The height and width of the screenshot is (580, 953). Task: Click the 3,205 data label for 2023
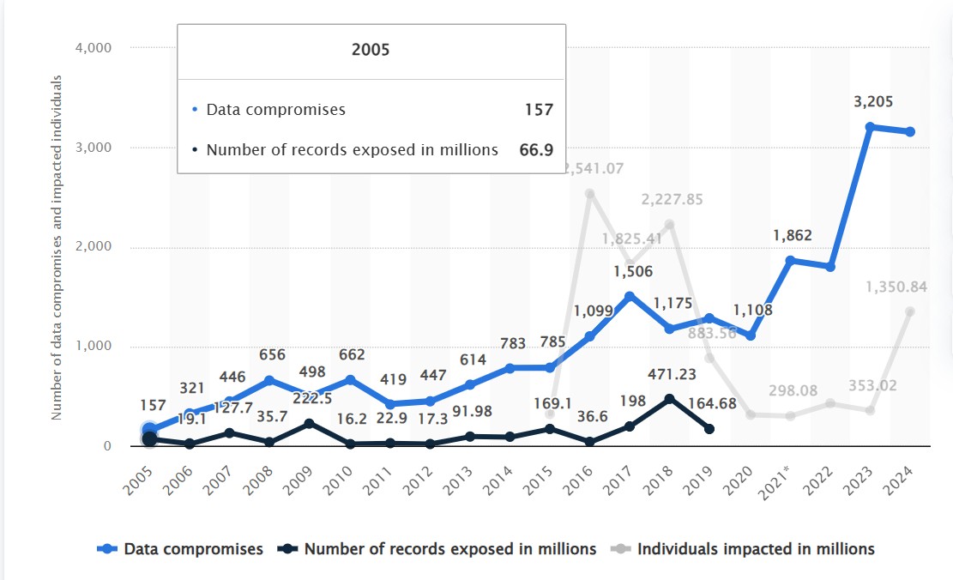[x=873, y=102]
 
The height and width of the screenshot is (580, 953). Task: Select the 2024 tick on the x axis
[x=903, y=473]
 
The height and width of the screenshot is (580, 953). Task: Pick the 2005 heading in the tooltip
[x=371, y=50]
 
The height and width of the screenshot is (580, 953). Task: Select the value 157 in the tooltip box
[x=539, y=110]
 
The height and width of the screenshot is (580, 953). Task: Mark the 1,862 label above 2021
[x=792, y=236]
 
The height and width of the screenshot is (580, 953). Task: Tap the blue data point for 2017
[x=629, y=296]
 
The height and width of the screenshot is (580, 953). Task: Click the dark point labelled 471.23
[x=668, y=399]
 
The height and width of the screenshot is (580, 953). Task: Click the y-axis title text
[x=57, y=247]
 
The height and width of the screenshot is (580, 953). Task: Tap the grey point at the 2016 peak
[x=590, y=193]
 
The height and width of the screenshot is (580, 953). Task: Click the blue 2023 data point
[x=870, y=127]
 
